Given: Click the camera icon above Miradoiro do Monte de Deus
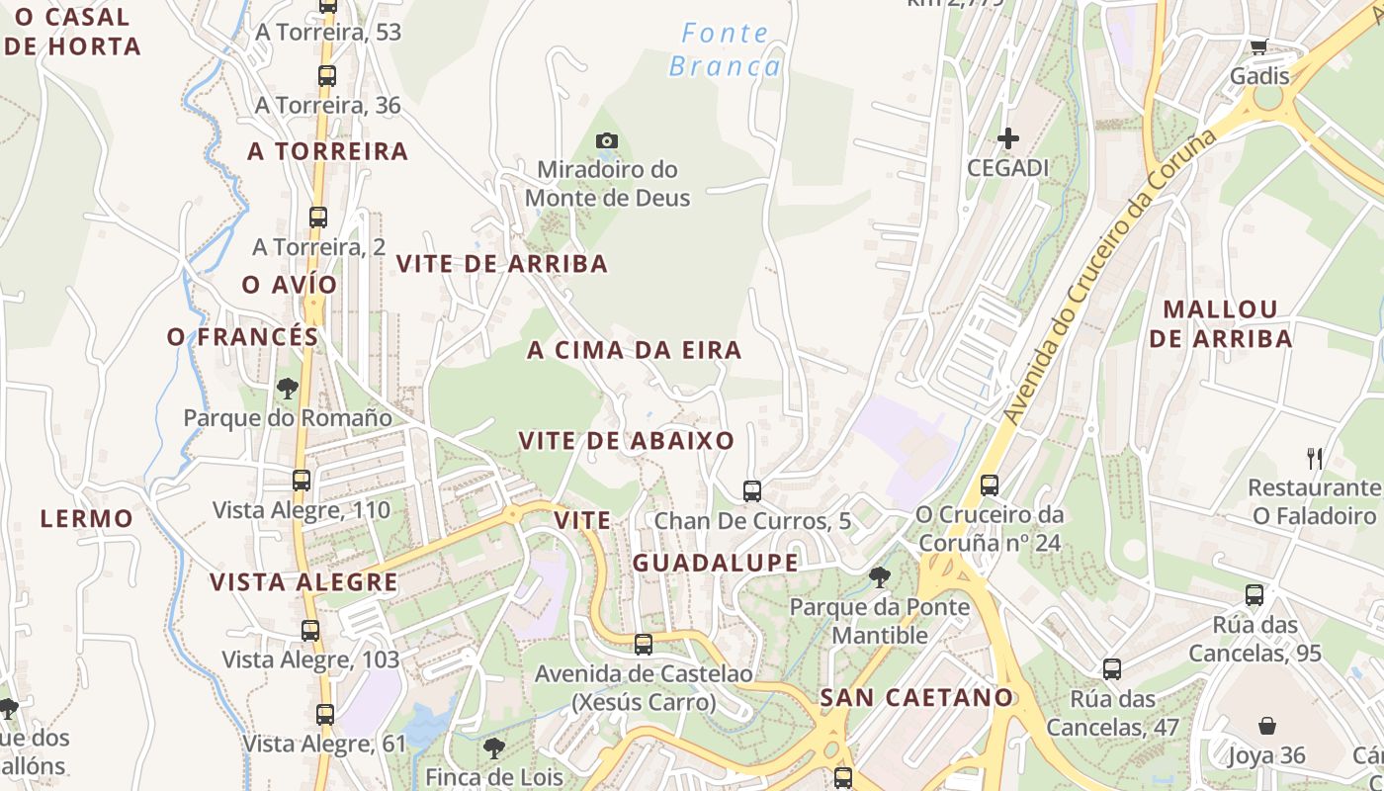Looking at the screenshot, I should click(607, 141).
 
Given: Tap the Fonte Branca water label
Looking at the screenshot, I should click(725, 50).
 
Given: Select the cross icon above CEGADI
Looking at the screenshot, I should click(1007, 138).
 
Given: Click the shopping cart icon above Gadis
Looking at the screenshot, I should click(1258, 47).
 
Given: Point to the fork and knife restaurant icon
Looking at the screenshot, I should click(1314, 458).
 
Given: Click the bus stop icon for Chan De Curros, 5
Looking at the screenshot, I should click(751, 490).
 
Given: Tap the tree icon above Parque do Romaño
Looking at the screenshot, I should click(288, 388).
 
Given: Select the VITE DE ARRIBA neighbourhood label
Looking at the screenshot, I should click(501, 264).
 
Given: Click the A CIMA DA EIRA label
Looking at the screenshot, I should click(634, 350).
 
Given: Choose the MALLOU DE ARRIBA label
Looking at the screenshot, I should click(1220, 323).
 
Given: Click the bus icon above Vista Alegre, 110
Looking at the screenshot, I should click(302, 481).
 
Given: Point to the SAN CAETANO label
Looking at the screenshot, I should click(916, 697).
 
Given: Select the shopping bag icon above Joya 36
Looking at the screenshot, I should click(1266, 726).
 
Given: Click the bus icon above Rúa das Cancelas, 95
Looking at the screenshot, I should click(1254, 595).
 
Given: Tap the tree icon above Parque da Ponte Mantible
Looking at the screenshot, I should click(879, 576).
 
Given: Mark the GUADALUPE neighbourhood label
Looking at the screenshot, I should click(715, 563).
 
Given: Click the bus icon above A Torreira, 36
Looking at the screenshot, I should click(326, 75).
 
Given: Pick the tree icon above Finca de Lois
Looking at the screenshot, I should click(493, 747).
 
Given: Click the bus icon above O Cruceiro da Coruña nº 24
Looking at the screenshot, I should click(989, 484).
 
